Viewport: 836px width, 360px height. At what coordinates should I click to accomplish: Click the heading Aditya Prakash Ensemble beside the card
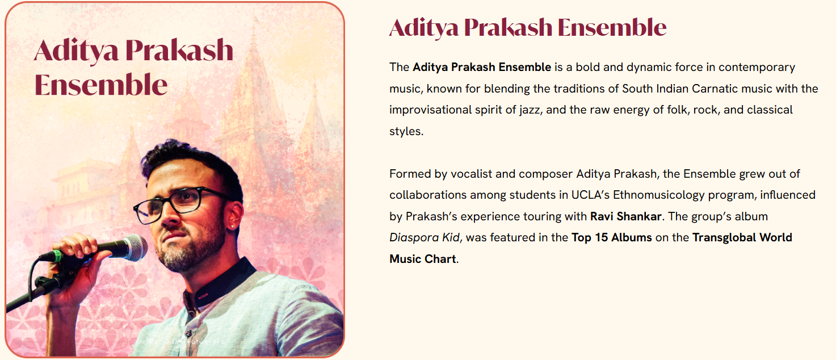coord(528,28)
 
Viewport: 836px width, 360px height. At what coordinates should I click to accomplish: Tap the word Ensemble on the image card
coord(101,86)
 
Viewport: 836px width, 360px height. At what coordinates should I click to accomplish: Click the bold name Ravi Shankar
coord(626,216)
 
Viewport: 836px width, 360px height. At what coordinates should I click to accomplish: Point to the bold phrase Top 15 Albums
coord(611,237)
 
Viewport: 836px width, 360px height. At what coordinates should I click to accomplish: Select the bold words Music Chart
coord(422,259)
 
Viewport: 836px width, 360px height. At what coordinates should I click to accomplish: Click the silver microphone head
coord(133,248)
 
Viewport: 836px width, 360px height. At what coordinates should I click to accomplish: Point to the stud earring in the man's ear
coord(232,226)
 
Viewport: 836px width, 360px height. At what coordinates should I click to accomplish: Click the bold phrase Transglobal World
coord(742,237)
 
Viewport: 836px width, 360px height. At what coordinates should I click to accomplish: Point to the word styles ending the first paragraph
coord(405,131)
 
